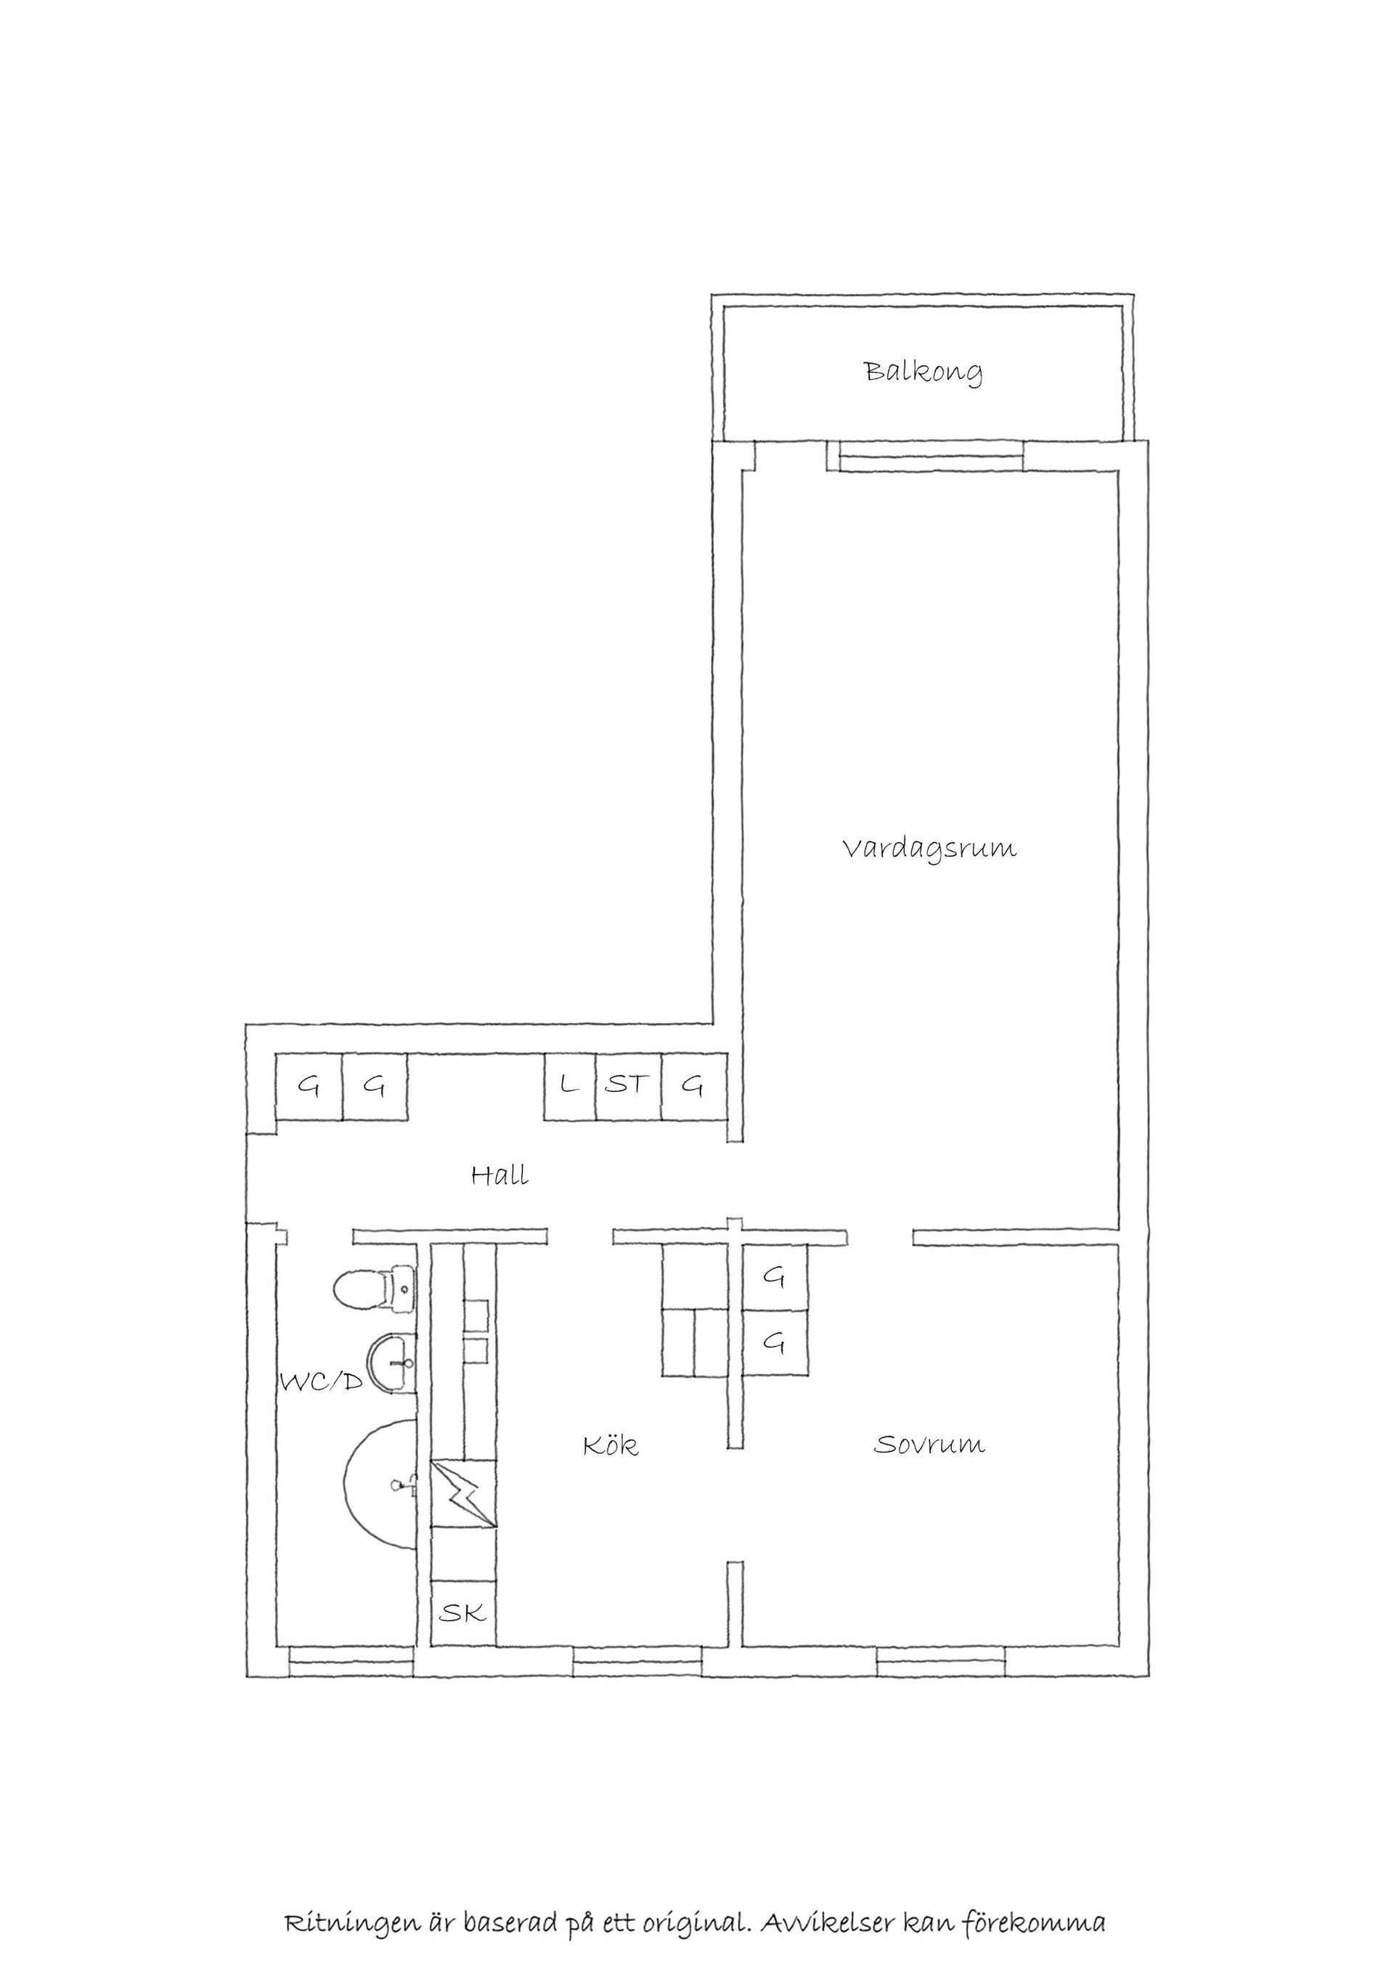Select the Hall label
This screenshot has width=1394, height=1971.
[500, 1175]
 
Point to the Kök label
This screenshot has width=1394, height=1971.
[611, 1445]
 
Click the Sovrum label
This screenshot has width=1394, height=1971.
[929, 1444]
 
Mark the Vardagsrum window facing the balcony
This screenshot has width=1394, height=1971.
[932, 456]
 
